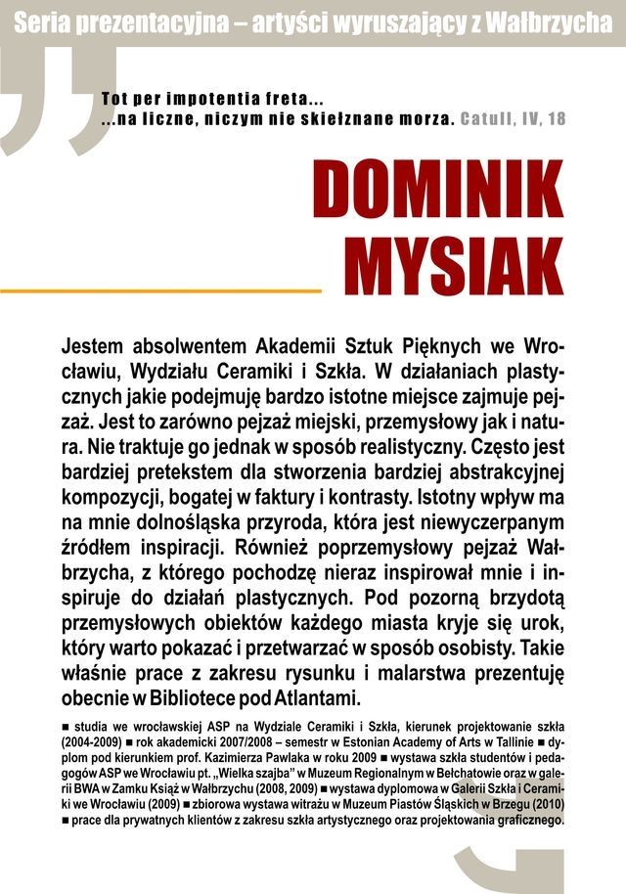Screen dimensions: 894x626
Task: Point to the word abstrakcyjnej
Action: point(492,474)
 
